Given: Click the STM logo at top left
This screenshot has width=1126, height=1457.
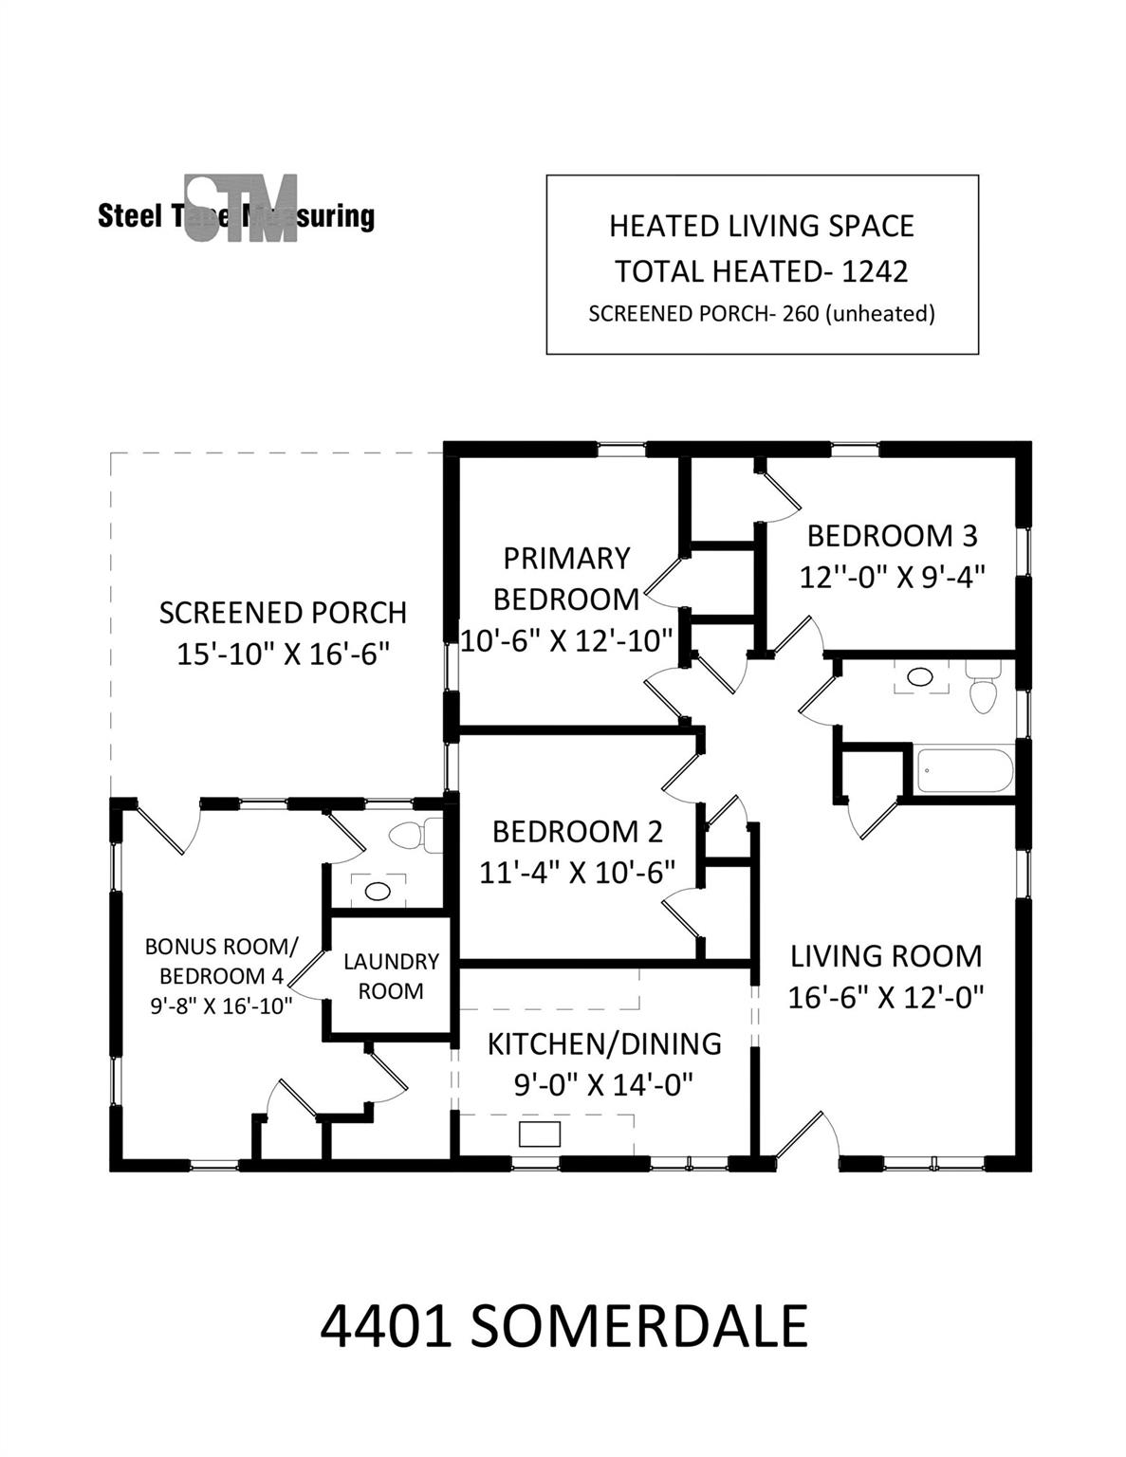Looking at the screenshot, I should pos(241,209).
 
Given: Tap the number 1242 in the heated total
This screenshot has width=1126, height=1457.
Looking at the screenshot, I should pos(875,271).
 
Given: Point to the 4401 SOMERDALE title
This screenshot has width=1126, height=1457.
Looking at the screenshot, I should pos(563,1325).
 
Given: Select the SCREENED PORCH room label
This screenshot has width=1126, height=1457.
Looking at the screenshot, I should pos(283,613).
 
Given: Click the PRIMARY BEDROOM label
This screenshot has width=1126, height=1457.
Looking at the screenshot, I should pos(566,579).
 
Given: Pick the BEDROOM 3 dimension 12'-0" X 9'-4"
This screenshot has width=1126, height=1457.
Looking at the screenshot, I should pos(892,577).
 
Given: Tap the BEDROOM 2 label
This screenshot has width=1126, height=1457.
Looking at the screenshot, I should pos(577,832).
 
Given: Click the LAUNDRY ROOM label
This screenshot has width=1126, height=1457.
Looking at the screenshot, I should pos(391,976).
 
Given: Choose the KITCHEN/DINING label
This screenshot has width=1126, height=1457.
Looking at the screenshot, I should pos(604,1043).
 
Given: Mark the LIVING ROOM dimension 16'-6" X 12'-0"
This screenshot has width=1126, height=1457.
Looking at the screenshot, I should pos(885,997).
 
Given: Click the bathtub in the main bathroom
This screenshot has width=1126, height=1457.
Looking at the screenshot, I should pos(963,771).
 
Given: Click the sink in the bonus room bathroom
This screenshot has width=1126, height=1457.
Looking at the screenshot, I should pos(378,891).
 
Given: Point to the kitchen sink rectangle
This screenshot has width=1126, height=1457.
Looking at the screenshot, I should pos(540,1134).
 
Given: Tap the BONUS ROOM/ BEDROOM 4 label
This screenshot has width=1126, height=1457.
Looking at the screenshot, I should pos(221,961).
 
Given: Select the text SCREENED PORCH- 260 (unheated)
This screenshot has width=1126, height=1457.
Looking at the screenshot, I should pos(761,314).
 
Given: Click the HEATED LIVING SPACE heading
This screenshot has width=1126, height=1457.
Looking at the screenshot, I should pos(761,227).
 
